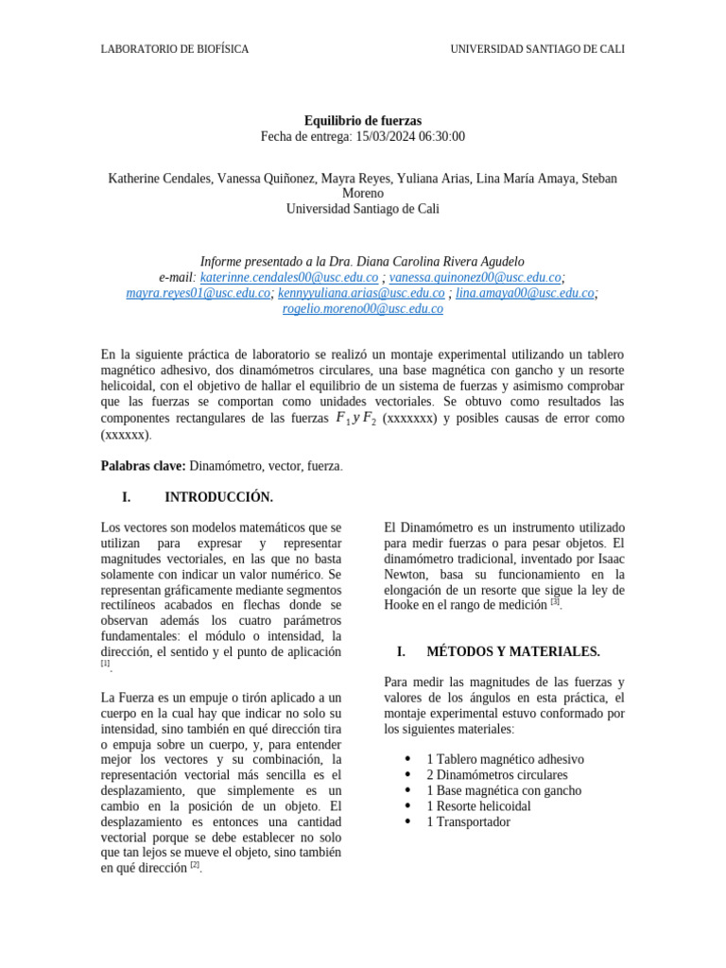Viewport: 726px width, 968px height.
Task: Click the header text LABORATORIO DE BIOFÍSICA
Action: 175,49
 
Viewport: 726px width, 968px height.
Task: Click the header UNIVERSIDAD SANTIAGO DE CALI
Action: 537,49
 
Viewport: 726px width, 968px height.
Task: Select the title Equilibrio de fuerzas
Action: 362,121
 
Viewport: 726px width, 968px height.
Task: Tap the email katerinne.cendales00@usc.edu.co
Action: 289,278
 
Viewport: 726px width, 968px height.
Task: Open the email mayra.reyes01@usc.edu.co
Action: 199,293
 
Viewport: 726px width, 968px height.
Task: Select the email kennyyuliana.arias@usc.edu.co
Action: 361,293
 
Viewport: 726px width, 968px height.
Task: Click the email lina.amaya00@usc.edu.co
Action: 525,293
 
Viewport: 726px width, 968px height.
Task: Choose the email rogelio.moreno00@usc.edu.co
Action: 362,308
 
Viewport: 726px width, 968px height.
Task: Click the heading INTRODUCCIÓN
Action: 218,497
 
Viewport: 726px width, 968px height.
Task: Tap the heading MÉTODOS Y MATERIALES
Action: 512,652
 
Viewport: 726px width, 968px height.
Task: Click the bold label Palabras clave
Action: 143,466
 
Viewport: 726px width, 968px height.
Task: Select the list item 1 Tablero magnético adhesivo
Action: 505,759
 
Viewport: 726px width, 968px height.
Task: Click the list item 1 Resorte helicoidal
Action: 478,806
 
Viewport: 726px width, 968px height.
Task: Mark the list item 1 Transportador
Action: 468,821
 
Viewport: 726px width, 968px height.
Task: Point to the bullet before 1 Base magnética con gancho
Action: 407,790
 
